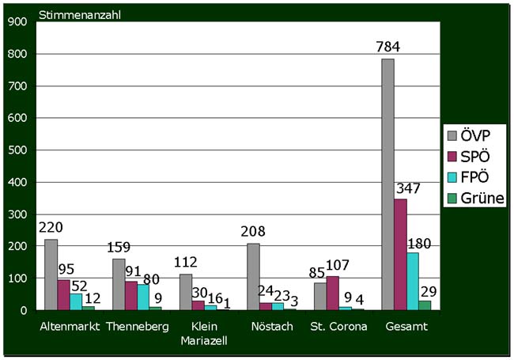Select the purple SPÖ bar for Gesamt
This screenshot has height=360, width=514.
click(x=399, y=255)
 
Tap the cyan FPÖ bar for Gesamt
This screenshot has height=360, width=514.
click(x=412, y=282)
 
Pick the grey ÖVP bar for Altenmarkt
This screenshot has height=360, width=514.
click(x=51, y=275)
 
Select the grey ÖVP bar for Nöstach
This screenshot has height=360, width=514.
click(x=253, y=277)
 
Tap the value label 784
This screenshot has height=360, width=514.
click(x=388, y=46)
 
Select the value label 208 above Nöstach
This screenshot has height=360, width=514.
click(x=255, y=233)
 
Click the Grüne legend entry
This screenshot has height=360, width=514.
click(x=473, y=198)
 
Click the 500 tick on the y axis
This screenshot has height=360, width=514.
click(x=17, y=150)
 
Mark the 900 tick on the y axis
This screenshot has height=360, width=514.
click(x=17, y=22)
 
